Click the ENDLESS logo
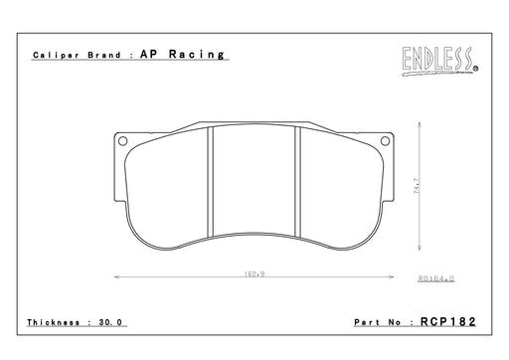[440, 61]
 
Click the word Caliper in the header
[56, 55]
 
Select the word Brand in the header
[103, 55]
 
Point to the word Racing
[197, 55]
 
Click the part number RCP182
[447, 321]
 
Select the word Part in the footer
[367, 322]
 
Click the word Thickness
[54, 322]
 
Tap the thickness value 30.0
[110, 322]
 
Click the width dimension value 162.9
[254, 273]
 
